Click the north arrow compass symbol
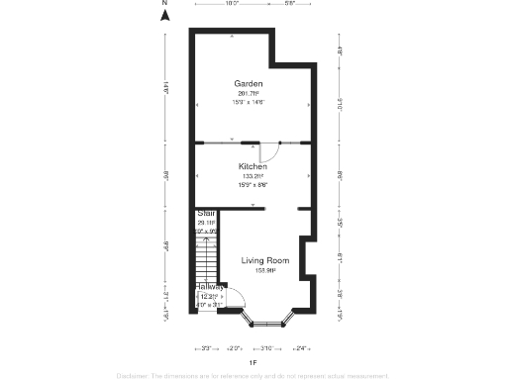coord(166,12)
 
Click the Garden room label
coord(248,83)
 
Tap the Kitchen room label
coord(253,166)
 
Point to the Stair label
coord(206,213)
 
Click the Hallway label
coord(209,287)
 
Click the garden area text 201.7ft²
coord(249,93)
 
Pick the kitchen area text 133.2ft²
coord(253,176)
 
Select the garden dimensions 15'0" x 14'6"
coord(249,102)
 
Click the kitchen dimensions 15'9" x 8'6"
coord(253,185)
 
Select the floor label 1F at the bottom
coord(253,363)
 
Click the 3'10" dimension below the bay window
coord(267,348)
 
